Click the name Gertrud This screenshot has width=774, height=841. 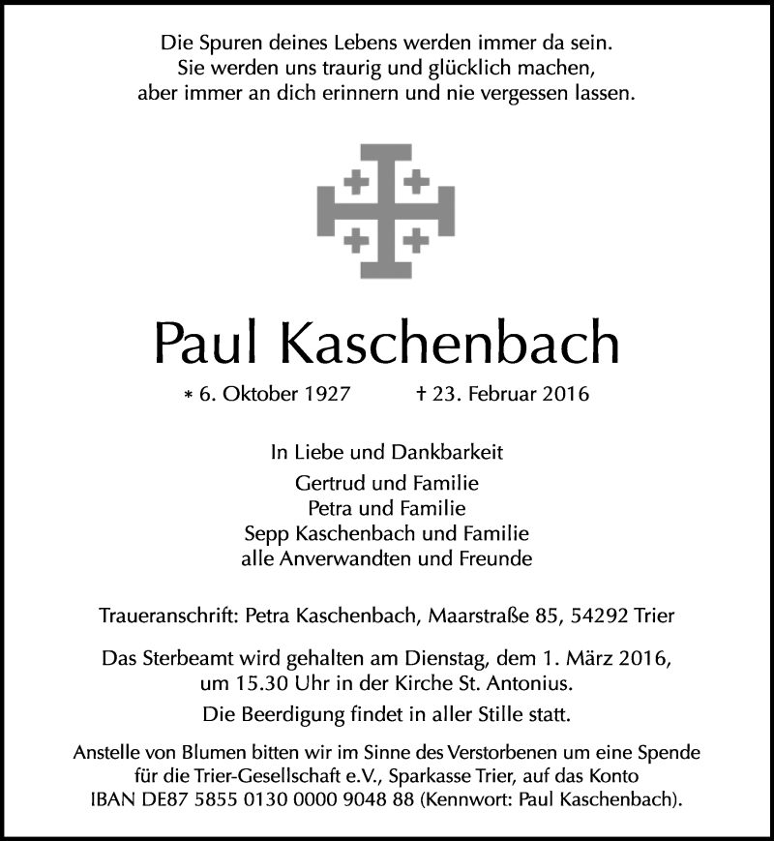(327, 481)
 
